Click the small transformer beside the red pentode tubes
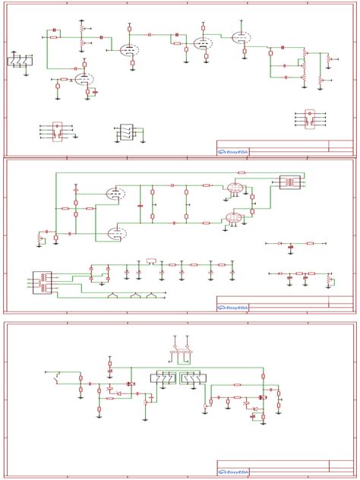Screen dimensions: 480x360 (290, 182)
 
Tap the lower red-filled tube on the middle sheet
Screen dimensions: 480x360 (234, 219)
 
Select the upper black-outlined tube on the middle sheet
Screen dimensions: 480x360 (116, 194)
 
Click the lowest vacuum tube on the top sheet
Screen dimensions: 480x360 (83, 78)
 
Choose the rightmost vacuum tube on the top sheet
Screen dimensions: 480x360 (240, 37)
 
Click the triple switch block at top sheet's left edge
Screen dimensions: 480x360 (18, 62)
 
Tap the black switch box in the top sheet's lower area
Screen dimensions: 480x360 (126, 132)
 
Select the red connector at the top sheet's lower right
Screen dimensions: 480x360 (308, 118)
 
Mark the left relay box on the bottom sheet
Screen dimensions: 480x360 (164, 378)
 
